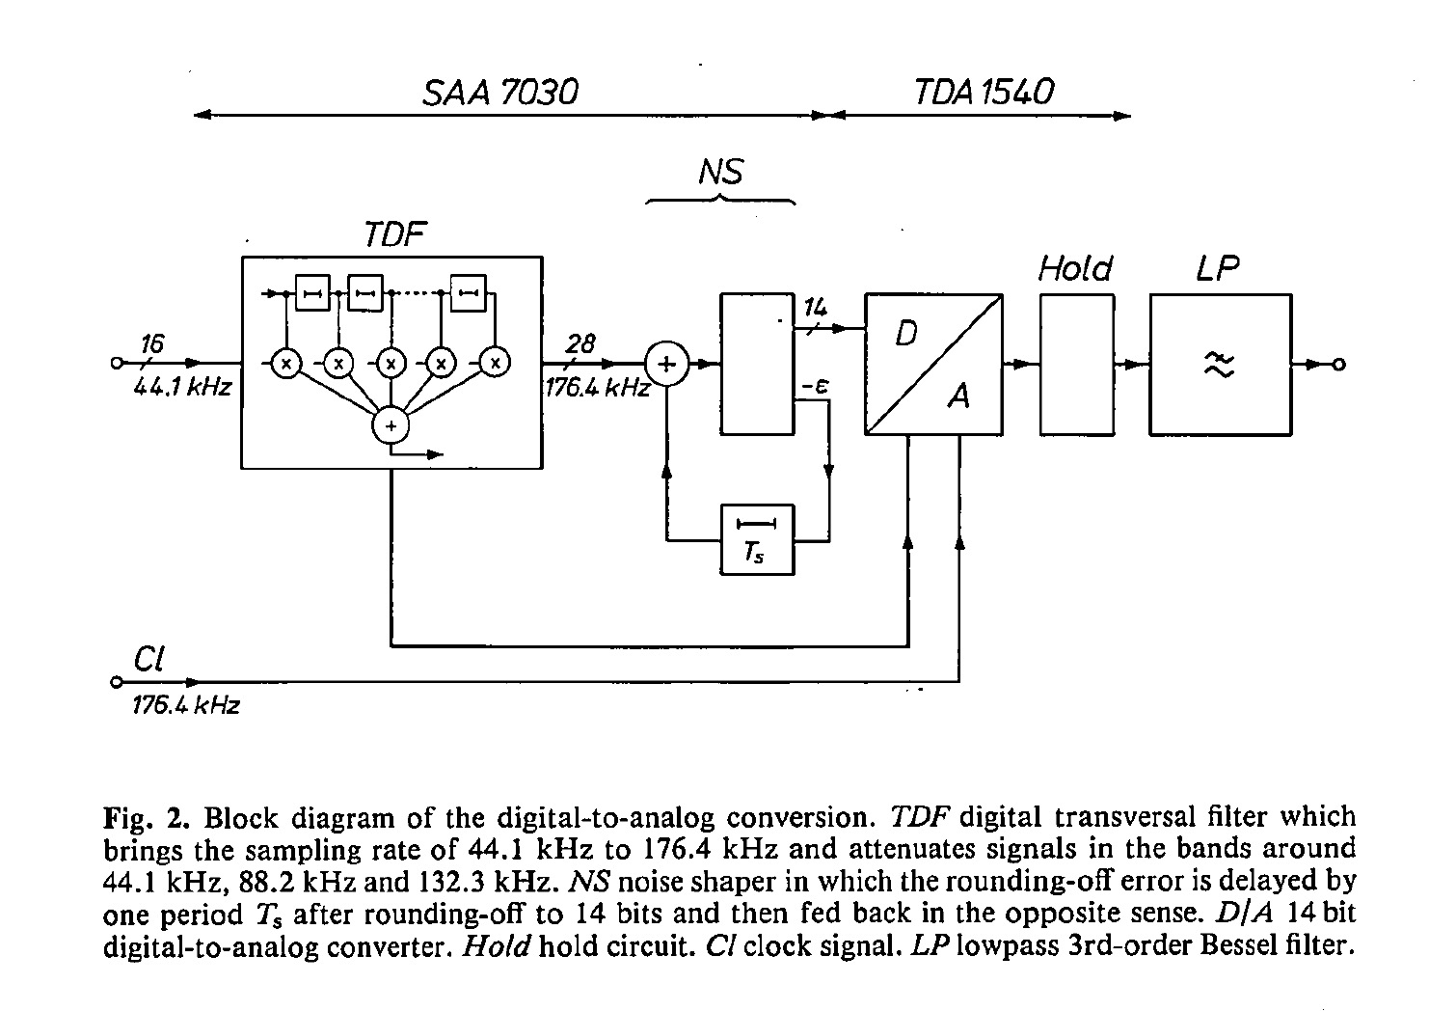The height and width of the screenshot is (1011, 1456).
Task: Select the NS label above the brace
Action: point(720,172)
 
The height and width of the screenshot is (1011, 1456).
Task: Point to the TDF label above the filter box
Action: point(394,234)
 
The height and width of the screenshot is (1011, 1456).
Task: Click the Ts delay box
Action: point(758,539)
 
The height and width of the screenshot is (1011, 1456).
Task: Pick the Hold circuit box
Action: point(1076,365)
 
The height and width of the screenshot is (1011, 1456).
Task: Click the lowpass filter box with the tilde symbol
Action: point(1220,365)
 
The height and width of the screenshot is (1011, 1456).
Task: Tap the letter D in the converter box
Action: point(906,334)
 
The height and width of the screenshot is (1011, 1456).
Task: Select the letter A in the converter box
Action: point(957,395)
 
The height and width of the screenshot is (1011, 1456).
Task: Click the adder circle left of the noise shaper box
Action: point(666,364)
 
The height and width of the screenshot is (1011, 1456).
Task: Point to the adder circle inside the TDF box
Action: point(391,424)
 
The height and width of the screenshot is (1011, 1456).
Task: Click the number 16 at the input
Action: point(152,342)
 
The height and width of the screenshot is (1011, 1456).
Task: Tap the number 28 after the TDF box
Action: point(580,343)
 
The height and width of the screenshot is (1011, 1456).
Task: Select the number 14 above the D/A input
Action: point(816,309)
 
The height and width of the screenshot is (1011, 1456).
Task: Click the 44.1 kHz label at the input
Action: point(183,388)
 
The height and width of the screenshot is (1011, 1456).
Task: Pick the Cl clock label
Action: point(148,659)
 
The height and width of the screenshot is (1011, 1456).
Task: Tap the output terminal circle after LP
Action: point(1338,365)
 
